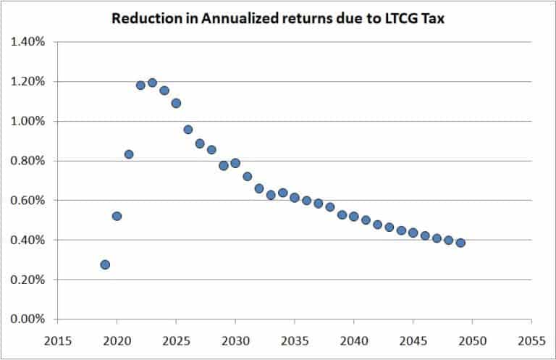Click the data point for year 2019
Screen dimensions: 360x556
[105, 264]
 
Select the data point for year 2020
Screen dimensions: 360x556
[117, 216]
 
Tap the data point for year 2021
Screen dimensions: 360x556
[129, 154]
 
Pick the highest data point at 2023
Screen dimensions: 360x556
[152, 83]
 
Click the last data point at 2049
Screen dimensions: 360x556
[460, 243]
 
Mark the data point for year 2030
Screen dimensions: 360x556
[235, 163]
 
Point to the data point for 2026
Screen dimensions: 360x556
[188, 130]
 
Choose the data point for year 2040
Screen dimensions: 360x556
[354, 216]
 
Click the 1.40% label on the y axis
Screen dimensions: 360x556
[28, 42]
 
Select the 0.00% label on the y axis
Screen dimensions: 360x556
[28, 319]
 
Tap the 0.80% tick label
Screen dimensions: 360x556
[28, 161]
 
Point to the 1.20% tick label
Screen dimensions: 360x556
[28, 81]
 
